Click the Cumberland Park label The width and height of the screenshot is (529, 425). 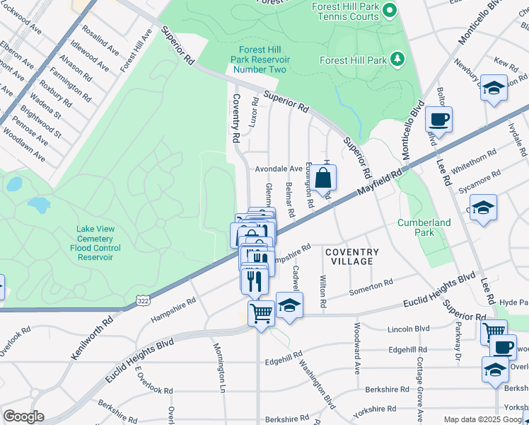(424, 227)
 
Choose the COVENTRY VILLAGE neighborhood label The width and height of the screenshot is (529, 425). (352, 256)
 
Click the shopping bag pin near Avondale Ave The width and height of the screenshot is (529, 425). (322, 179)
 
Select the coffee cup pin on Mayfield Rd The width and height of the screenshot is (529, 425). (438, 120)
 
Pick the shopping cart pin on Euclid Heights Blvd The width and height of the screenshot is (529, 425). (261, 312)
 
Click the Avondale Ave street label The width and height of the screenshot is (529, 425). (279, 169)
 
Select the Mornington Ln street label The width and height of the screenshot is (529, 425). (220, 368)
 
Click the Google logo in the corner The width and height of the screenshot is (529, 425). (23, 416)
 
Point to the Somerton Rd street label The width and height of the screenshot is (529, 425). (371, 288)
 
